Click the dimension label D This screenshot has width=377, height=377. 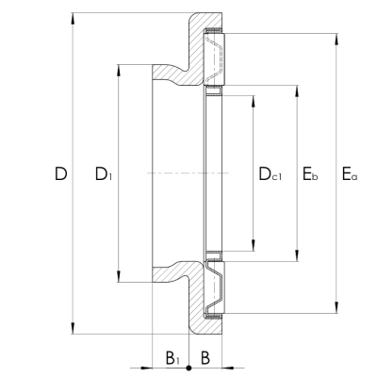[x=60, y=173]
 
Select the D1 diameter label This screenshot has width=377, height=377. [x=104, y=174]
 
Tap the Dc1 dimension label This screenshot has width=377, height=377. [x=270, y=174]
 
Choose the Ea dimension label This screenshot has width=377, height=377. [x=350, y=174]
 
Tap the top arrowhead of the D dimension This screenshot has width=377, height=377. [x=74, y=18]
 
